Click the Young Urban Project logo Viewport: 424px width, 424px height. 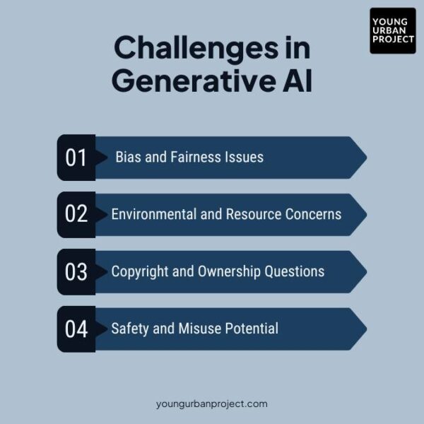tap(392, 30)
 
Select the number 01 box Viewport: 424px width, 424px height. tap(76, 157)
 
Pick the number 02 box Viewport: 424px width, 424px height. tap(76, 214)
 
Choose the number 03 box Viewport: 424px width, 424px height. tap(76, 271)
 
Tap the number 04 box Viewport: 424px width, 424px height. tap(76, 329)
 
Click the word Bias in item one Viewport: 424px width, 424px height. tap(128, 157)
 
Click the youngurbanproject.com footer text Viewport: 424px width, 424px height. tap(212, 404)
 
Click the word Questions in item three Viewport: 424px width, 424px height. tap(295, 271)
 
